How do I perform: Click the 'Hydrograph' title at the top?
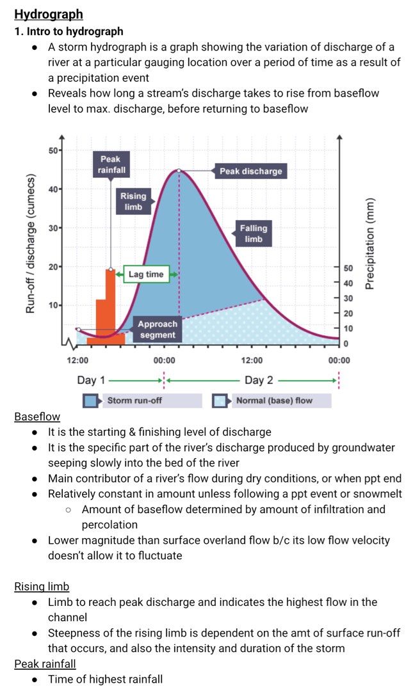point(49,14)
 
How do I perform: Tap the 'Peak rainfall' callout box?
point(110,164)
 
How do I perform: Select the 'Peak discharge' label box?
point(250,171)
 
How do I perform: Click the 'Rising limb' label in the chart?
point(133,202)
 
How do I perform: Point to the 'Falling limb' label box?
point(254,234)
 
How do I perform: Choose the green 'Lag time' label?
point(146,274)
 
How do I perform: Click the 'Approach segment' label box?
point(158,330)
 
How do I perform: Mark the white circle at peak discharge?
point(179,171)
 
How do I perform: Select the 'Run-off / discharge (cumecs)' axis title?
point(30,244)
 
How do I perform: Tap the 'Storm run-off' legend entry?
point(142,401)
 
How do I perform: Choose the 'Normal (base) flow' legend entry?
point(272,401)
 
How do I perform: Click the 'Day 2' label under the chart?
point(259,380)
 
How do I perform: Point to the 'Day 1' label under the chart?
point(91,380)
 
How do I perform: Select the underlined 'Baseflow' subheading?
point(37,417)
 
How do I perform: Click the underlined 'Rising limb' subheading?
point(42,587)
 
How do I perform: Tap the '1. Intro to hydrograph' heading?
point(69,32)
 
